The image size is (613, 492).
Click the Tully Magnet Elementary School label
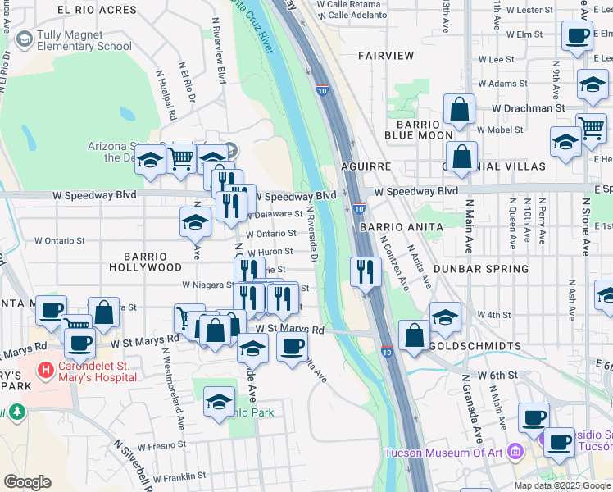(x=74, y=41)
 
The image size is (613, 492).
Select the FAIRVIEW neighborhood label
(x=386, y=56)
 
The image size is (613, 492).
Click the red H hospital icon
(x=43, y=371)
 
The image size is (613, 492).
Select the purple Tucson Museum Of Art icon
(x=515, y=451)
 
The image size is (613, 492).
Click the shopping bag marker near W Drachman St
(x=460, y=108)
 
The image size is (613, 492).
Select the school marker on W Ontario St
(x=195, y=222)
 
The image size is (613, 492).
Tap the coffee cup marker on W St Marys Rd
(x=291, y=347)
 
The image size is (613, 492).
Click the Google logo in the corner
(x=27, y=482)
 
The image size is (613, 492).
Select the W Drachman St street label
(x=529, y=107)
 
